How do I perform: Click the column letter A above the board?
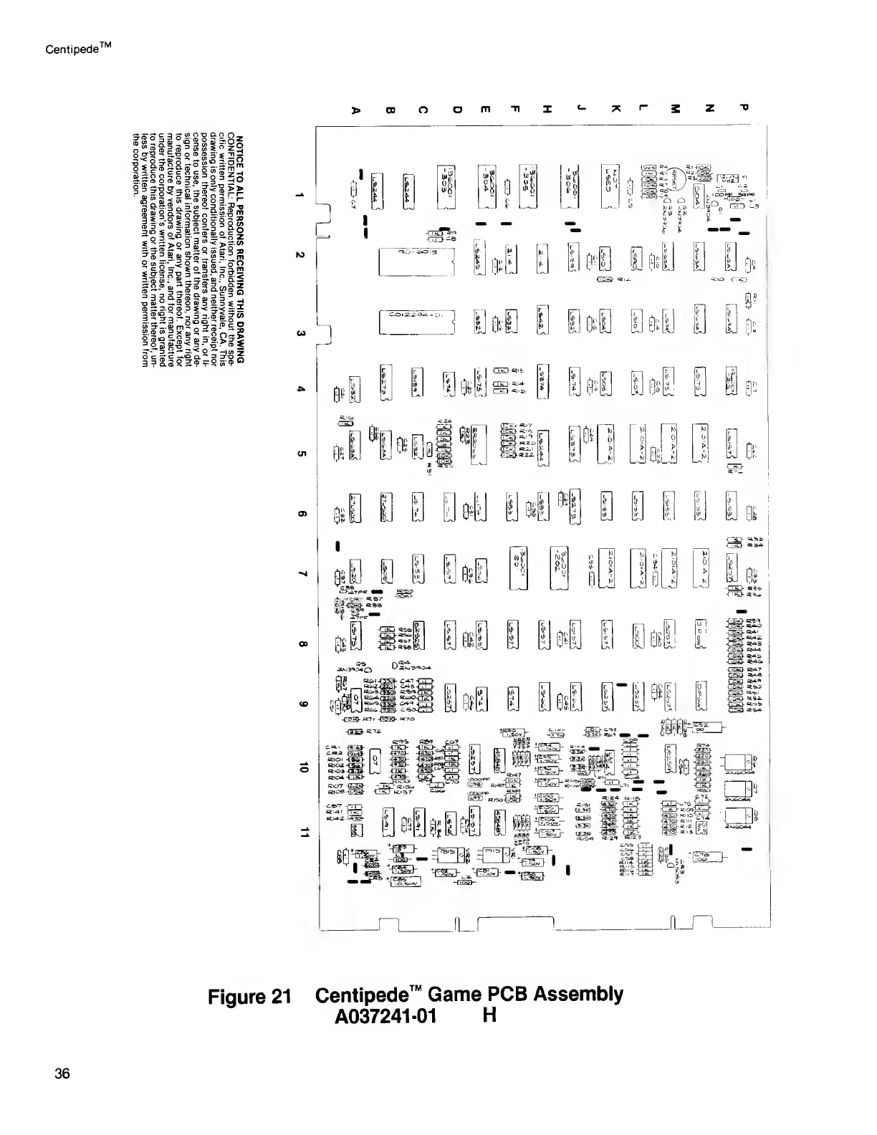pos(353,111)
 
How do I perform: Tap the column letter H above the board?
pos(547,110)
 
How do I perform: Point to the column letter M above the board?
pos(676,110)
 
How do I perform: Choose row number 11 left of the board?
pos(305,832)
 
